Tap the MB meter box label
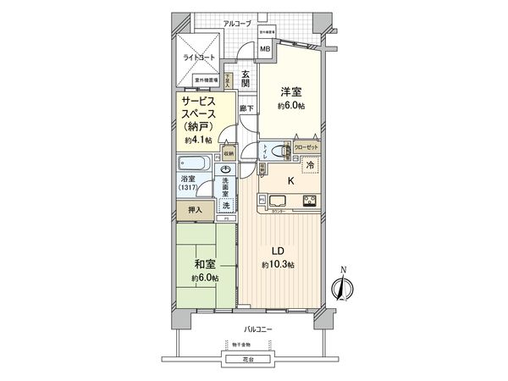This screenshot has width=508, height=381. [265, 48]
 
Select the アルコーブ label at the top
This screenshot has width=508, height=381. [236, 24]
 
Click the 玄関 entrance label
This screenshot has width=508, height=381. [246, 79]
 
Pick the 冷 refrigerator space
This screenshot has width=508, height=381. [312, 168]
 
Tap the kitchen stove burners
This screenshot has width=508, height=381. [309, 201]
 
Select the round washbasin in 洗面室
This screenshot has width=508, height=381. [227, 169]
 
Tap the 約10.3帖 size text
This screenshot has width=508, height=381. [278, 265]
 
